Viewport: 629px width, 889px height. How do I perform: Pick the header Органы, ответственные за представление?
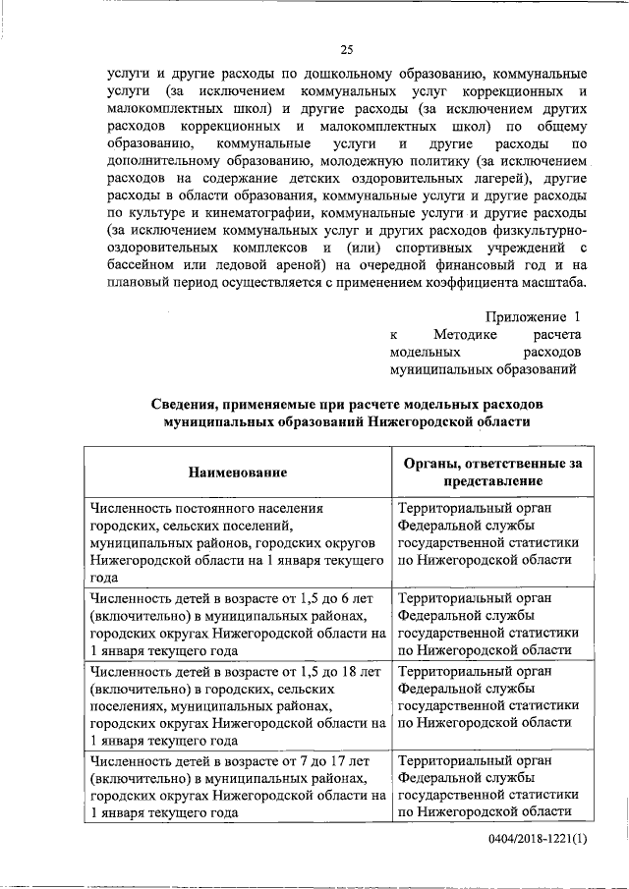(x=486, y=472)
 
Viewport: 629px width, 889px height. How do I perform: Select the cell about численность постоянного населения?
(x=236, y=542)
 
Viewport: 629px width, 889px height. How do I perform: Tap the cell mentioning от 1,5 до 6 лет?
(x=236, y=623)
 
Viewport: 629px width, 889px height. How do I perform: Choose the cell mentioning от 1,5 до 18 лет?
(x=236, y=703)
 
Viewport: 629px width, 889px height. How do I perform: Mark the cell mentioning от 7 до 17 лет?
(x=236, y=785)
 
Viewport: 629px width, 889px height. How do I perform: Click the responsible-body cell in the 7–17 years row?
(x=486, y=785)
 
